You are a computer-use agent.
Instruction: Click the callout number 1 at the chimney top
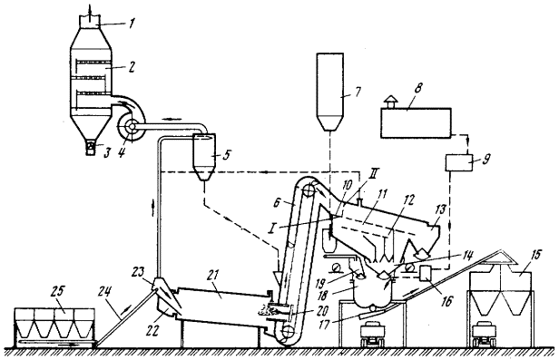(x=132, y=24)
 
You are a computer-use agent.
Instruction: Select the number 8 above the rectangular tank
(x=417, y=88)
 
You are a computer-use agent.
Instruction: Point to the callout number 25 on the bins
(x=57, y=291)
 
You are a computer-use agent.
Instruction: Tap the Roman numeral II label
(x=375, y=174)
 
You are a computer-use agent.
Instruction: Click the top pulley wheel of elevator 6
(x=309, y=190)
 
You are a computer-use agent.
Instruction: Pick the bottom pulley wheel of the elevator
(x=288, y=333)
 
